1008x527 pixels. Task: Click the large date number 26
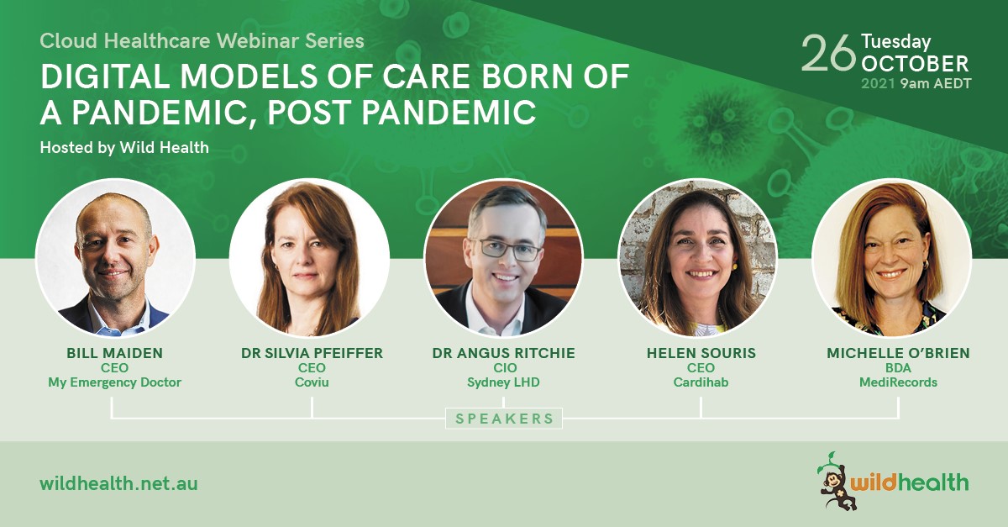click(x=828, y=54)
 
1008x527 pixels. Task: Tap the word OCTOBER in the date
click(x=915, y=65)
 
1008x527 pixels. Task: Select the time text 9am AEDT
click(x=936, y=84)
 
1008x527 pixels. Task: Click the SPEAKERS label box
click(x=504, y=419)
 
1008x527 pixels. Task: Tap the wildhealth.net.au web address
click(x=118, y=484)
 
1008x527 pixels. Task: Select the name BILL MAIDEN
click(x=115, y=353)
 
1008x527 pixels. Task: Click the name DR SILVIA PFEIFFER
click(x=312, y=353)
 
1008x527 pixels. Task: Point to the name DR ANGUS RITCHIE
click(x=503, y=353)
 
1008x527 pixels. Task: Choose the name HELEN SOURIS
click(x=701, y=353)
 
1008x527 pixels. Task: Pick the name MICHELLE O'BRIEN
click(x=898, y=353)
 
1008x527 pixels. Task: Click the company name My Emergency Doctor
click(x=115, y=382)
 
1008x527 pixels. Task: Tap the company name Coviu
click(x=312, y=382)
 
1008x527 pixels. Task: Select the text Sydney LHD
click(x=503, y=382)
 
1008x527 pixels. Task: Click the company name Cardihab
click(x=701, y=382)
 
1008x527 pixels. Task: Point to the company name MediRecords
click(x=898, y=382)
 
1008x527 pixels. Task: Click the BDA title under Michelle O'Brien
click(x=898, y=368)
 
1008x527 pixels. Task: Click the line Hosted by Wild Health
click(x=124, y=148)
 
